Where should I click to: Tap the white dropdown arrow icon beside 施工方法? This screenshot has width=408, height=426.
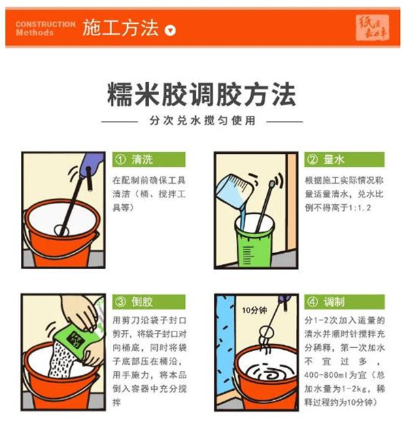[x=171, y=30]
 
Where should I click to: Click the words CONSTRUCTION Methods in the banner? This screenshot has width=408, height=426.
[x=45, y=28]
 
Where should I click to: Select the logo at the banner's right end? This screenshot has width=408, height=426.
[x=373, y=28]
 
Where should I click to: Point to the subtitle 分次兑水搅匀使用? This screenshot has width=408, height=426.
[x=202, y=121]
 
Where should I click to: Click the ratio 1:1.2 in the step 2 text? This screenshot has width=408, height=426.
[x=354, y=206]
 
